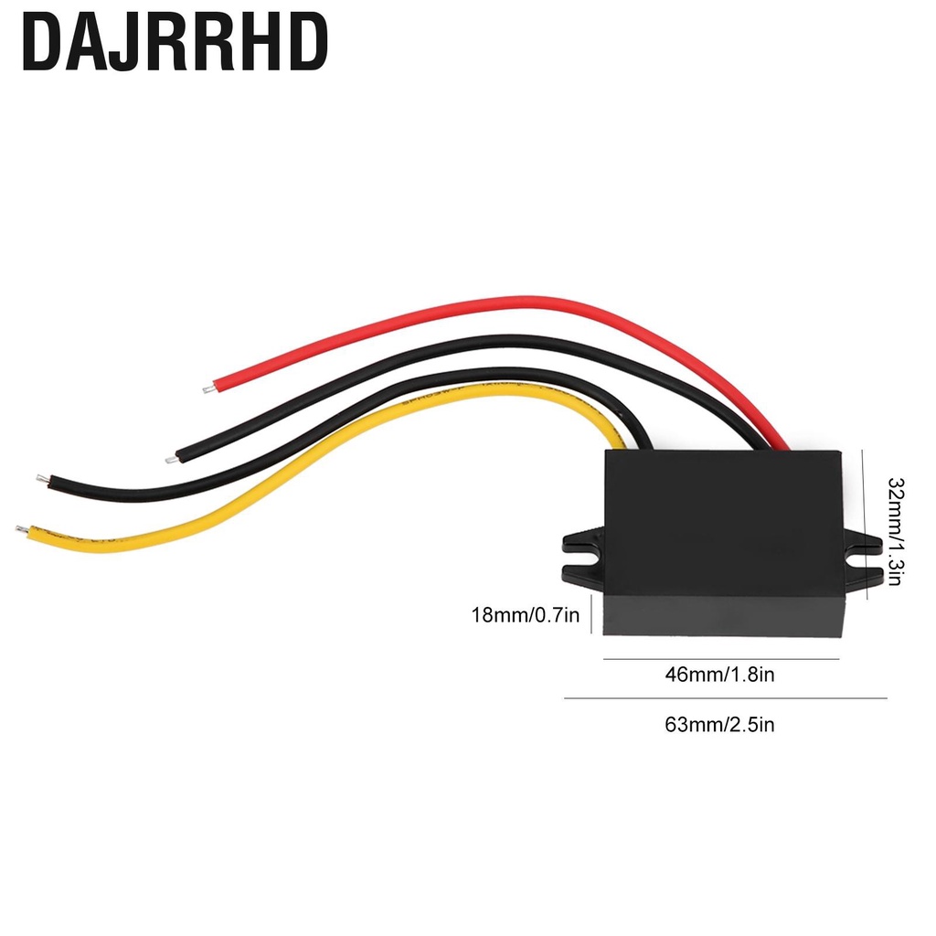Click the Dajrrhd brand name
click(175, 42)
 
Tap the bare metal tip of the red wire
click(208, 389)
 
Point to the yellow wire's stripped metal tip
click(22, 529)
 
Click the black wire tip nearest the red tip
click(171, 459)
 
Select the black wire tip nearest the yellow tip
click(42, 479)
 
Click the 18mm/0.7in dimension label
click(526, 615)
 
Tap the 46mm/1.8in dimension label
click(720, 675)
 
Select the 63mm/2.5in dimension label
click(720, 725)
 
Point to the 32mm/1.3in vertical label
click(896, 531)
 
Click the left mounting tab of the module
click(583, 556)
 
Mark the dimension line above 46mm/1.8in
click(721, 659)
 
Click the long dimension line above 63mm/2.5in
click(725, 697)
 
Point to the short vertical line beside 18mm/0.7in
click(591, 613)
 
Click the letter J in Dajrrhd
click(124, 43)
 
